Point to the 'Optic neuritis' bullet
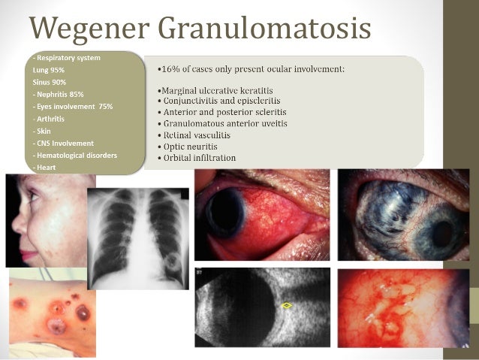[x=191, y=146]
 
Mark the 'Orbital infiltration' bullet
[x=198, y=158]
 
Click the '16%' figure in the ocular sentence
[x=170, y=69]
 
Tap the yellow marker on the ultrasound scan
[x=286, y=306]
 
